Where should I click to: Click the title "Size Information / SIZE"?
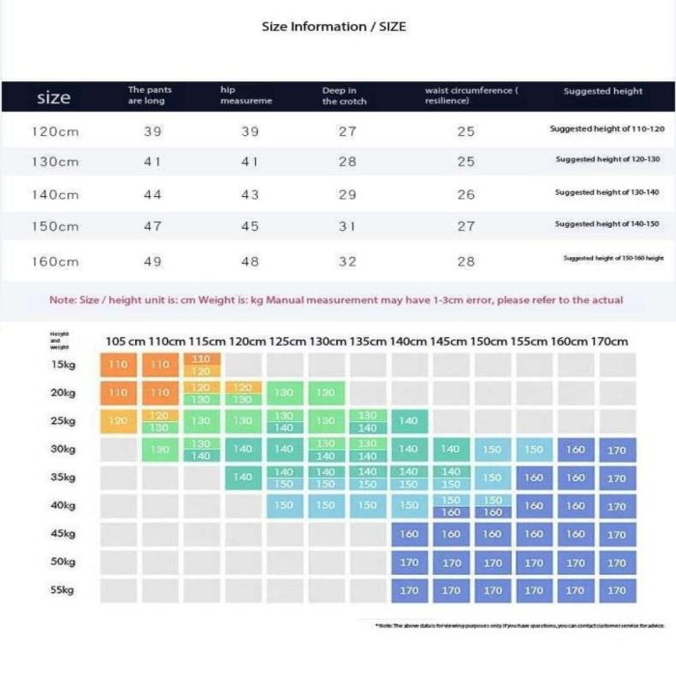(x=334, y=27)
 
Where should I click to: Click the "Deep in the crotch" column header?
(x=344, y=96)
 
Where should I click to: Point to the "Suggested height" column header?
(x=603, y=91)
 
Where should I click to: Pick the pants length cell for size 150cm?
(x=152, y=227)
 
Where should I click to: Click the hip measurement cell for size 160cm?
(x=249, y=262)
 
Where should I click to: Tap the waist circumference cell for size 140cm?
(x=466, y=194)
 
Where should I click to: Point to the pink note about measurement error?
(x=336, y=300)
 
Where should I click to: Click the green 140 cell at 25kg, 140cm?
(x=409, y=421)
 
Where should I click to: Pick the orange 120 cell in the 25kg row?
(x=118, y=421)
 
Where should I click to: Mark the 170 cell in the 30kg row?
(x=617, y=449)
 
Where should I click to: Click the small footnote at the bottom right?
(x=520, y=626)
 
